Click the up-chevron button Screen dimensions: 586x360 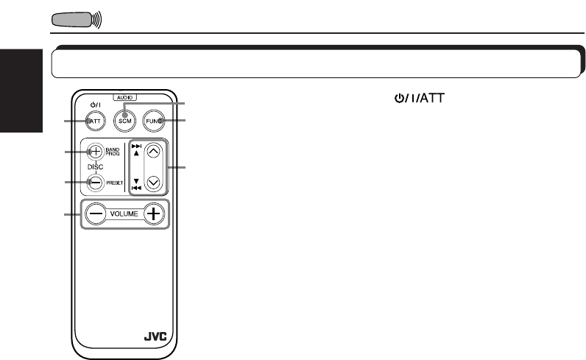tap(153, 152)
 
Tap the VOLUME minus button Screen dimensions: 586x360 tap(94, 214)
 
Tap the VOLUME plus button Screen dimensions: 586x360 tap(154, 214)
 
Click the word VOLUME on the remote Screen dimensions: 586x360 tap(124, 214)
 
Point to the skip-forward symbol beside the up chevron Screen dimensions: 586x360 tap(135, 147)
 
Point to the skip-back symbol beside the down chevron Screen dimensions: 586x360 tap(135, 188)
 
